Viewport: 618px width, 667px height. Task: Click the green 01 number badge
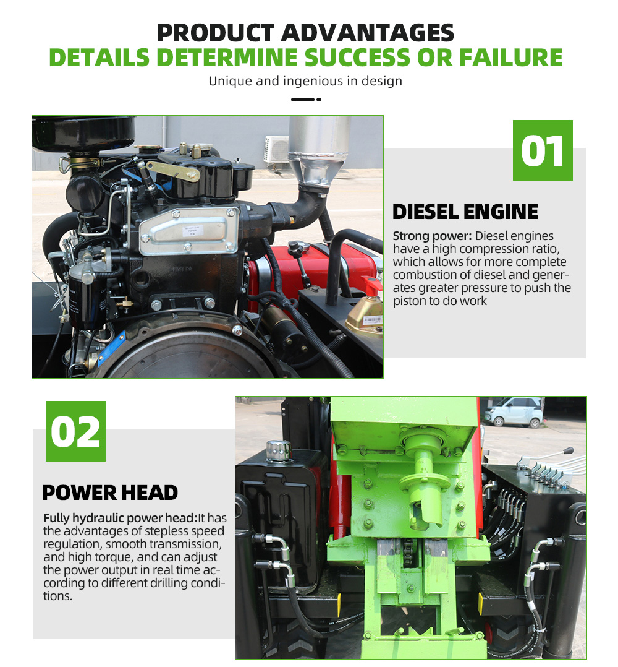(543, 150)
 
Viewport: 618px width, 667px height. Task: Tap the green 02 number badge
(75, 431)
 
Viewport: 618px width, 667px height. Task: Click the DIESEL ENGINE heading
(465, 212)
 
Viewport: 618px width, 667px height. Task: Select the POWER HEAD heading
(110, 493)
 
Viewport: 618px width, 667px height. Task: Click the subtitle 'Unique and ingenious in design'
(305, 81)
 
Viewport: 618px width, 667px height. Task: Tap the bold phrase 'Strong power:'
(433, 236)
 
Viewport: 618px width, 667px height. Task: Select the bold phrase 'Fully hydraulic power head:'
(121, 518)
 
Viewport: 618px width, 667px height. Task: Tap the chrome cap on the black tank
(278, 451)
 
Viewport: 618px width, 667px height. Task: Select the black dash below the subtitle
(302, 99)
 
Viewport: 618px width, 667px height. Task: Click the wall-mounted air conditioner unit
(276, 150)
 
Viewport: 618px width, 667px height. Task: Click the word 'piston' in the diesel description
(408, 301)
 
